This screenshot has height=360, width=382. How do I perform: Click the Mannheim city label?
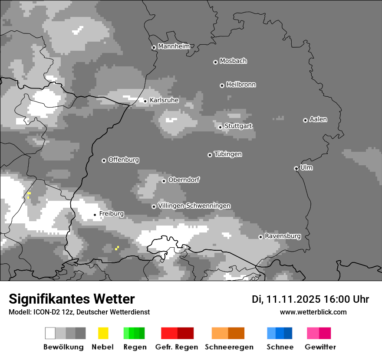point(174,46)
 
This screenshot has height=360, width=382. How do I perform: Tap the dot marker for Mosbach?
point(215,62)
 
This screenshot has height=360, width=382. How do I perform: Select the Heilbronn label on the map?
point(241,85)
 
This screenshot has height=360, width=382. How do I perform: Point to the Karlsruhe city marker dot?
point(145,101)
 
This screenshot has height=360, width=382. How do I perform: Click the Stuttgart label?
point(238,126)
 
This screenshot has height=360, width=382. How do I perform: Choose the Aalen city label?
point(318,119)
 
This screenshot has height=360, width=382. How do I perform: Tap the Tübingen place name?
point(228,154)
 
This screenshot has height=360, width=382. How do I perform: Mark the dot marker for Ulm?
point(296,168)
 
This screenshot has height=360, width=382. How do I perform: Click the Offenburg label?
point(124,160)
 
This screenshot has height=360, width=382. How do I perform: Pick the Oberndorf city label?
point(184,180)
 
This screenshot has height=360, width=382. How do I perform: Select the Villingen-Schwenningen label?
point(194,206)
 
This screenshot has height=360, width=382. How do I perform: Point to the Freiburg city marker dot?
point(95,215)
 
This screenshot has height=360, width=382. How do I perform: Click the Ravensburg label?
point(283,236)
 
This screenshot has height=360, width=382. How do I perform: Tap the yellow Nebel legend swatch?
point(103,333)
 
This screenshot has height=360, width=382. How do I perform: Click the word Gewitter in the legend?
point(320,347)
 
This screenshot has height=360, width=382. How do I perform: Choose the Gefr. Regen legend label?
point(177,347)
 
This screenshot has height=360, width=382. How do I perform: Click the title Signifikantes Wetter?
point(72,299)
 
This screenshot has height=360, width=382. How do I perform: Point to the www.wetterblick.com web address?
point(313,312)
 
